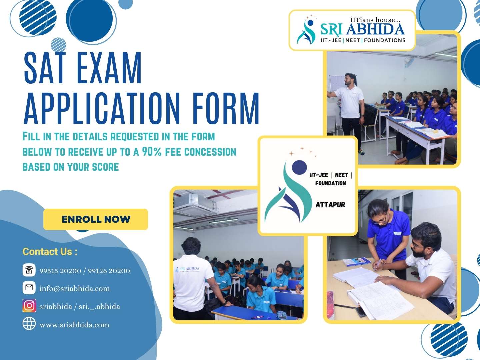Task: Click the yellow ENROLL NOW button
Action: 96,219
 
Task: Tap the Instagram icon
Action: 29,305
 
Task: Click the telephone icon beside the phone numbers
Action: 29,270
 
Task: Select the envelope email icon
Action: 29,287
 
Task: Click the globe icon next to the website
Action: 29,323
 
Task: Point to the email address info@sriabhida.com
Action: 75,289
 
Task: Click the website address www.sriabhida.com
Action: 74,325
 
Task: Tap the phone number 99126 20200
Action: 109,271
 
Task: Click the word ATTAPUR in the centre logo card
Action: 330,205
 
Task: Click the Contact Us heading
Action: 50,252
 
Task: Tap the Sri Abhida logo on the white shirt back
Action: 188,269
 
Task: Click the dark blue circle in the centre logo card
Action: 299,167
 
